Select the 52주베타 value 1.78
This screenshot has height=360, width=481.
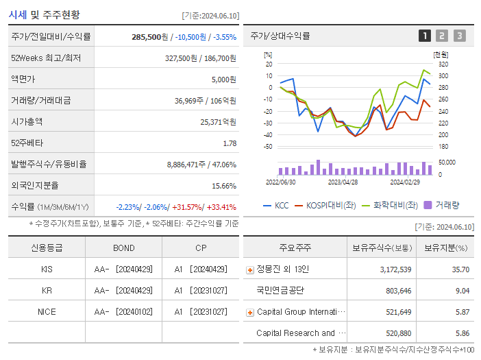click(x=230, y=143)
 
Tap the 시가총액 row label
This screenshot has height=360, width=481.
click(x=27, y=122)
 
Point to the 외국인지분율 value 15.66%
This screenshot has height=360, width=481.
click(x=224, y=186)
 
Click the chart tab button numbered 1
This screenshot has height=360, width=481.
click(x=425, y=36)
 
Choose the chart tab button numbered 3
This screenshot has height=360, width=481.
click(x=459, y=36)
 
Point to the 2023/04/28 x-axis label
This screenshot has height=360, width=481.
click(x=343, y=182)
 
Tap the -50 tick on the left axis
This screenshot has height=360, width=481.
click(x=268, y=147)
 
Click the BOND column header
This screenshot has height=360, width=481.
click(x=124, y=248)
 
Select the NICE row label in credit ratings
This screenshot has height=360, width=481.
click(x=47, y=312)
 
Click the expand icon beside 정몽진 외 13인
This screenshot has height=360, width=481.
click(x=249, y=270)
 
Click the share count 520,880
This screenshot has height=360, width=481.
click(x=395, y=333)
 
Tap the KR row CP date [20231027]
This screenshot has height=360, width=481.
click(x=208, y=291)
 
